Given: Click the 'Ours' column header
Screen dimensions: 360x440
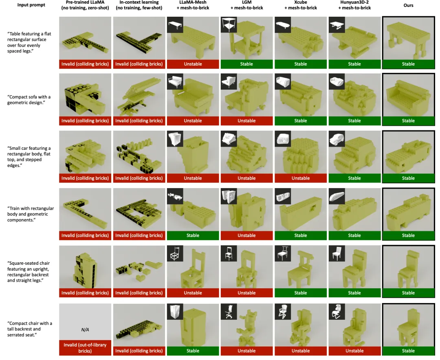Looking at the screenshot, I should [408, 5].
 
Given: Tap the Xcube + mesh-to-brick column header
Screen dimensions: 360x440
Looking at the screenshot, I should [300, 5].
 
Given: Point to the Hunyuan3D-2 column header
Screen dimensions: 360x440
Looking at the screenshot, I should [354, 5].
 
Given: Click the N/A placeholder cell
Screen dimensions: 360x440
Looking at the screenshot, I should [85, 329].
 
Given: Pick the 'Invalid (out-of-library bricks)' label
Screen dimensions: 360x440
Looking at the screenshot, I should [85, 348].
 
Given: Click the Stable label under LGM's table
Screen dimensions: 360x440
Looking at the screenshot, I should [246, 64].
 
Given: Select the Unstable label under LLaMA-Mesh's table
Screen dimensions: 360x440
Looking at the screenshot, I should [193, 64].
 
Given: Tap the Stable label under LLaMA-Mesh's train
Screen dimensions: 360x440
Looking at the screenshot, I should [193, 235].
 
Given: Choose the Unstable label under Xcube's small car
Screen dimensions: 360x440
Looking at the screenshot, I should [300, 178].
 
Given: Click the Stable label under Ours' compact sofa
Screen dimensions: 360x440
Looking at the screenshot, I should [408, 121].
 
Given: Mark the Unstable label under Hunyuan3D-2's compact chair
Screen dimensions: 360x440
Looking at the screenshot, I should [354, 351].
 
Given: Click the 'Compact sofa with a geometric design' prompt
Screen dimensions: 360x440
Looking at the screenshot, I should [29, 99].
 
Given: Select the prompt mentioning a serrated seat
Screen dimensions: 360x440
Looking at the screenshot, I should [29, 329].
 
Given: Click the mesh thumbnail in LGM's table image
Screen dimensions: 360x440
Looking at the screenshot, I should [229, 24].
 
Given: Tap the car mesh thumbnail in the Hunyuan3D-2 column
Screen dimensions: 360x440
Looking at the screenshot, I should [337, 138].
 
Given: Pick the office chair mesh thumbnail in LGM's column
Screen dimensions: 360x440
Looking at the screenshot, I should [229, 311].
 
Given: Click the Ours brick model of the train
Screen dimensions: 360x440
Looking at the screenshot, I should [408, 212].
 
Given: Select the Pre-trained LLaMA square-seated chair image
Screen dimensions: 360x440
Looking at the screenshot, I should [85, 267].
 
